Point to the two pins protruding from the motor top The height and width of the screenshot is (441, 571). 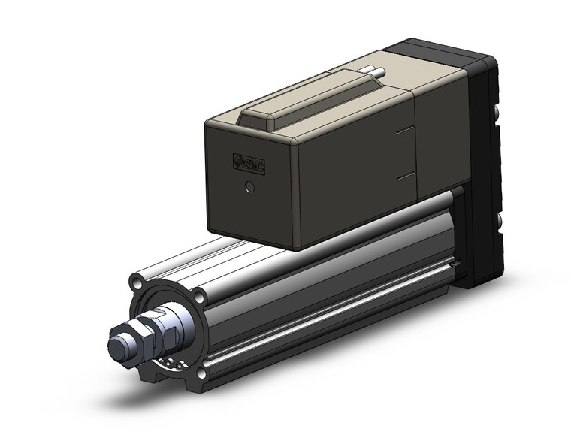coord(373,73)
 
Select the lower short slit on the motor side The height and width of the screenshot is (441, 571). coord(405,174)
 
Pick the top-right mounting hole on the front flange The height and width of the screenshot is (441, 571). coord(199,298)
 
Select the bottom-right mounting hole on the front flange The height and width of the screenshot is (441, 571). coord(201,373)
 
